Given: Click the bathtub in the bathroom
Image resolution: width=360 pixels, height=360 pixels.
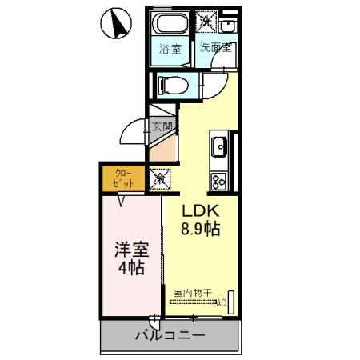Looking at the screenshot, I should pos(170,23).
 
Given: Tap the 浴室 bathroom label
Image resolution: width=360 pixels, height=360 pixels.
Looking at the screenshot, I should pos(170,48).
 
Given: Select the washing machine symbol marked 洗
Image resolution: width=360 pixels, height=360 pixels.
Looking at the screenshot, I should pos(206,22).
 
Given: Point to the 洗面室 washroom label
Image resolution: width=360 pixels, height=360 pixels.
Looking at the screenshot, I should pos(216,47).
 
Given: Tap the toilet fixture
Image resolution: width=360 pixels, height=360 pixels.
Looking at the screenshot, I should pos(172,82).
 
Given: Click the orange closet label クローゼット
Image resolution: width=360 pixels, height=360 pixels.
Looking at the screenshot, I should pos(124,178).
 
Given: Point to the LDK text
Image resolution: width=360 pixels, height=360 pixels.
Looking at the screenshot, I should pos(199,212).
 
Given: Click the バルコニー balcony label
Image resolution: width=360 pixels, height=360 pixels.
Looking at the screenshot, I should pos(170,334).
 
